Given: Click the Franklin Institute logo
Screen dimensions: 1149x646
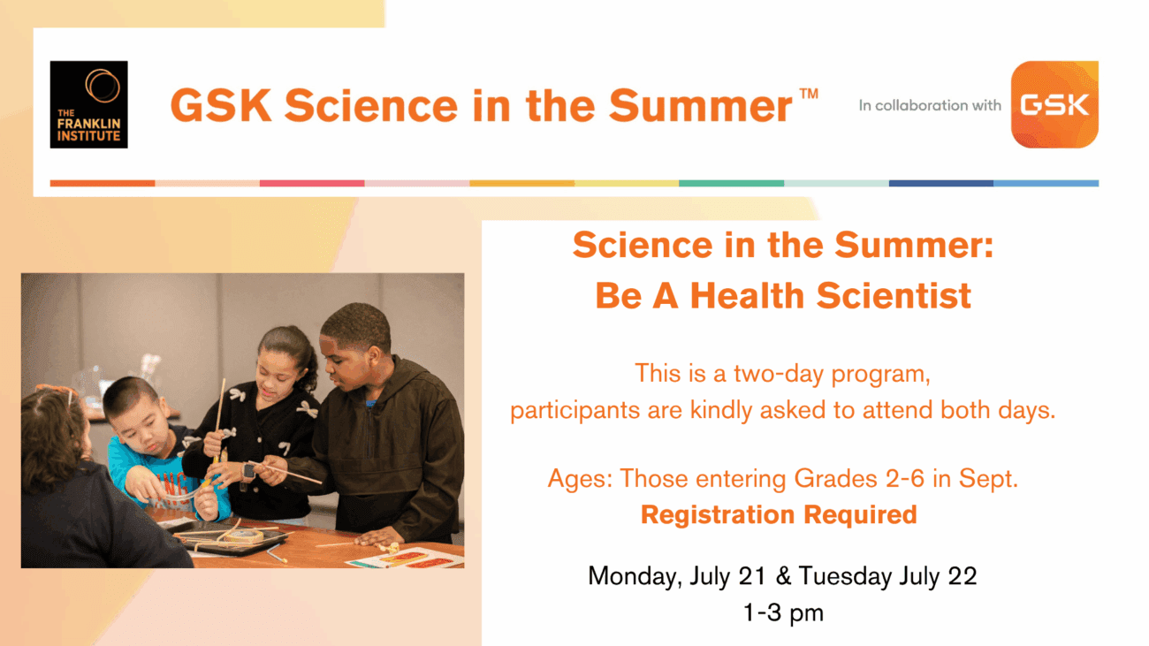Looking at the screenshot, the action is tap(88, 104).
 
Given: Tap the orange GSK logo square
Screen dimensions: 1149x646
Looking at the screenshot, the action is tap(1054, 104).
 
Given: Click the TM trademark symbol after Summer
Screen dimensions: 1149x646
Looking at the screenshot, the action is tap(809, 94).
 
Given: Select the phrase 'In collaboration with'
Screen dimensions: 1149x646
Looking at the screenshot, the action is tap(930, 106).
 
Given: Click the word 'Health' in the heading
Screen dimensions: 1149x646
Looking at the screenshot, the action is tap(748, 296).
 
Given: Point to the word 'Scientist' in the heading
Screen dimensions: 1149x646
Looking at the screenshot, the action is tap(894, 296).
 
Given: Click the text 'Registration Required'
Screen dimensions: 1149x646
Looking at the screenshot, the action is tap(779, 514).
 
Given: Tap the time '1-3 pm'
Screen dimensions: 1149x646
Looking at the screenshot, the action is tap(783, 612).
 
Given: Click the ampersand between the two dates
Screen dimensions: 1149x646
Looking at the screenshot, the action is tap(783, 576).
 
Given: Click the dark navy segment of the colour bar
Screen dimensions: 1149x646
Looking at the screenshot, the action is tap(940, 183).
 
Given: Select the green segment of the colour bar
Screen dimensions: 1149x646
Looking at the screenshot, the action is tap(732, 183).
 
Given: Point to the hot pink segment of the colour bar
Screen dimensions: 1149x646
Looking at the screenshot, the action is tap(312, 183).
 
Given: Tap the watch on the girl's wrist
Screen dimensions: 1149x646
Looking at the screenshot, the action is tap(248, 472).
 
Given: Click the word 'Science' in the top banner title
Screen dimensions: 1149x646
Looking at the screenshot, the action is tap(371, 106).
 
